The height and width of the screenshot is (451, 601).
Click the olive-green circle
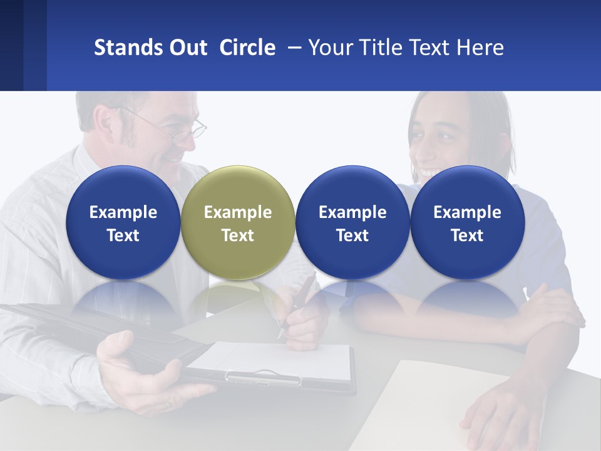click(237, 222)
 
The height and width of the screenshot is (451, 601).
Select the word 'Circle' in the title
click(247, 48)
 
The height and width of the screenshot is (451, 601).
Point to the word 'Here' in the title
click(480, 48)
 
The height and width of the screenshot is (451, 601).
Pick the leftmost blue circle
click(123, 222)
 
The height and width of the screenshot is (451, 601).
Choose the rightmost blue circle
click(467, 222)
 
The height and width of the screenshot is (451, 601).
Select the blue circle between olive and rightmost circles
click(352, 222)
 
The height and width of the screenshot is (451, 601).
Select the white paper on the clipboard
click(275, 360)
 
